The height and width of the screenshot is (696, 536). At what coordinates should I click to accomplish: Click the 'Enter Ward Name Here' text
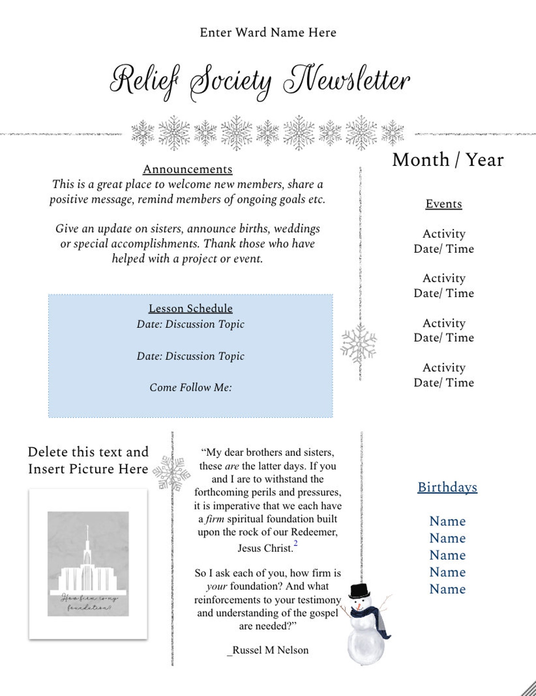268,33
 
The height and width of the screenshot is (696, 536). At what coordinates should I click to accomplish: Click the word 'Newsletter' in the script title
347,81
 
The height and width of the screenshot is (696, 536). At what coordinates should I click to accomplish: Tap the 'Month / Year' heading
448,160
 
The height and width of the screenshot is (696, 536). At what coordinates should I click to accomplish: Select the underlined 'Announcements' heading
188,169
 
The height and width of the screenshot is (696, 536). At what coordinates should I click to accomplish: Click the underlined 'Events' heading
444,204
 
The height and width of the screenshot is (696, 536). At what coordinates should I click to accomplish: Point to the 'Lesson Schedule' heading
190,308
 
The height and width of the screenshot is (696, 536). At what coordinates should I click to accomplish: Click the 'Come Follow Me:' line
191,387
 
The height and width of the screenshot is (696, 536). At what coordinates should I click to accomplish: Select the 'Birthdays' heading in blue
447,487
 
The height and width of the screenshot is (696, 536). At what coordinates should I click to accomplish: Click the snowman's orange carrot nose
360,604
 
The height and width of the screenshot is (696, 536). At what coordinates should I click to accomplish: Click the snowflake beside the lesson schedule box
359,344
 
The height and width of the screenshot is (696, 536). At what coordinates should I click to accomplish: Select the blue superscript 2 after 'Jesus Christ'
296,543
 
